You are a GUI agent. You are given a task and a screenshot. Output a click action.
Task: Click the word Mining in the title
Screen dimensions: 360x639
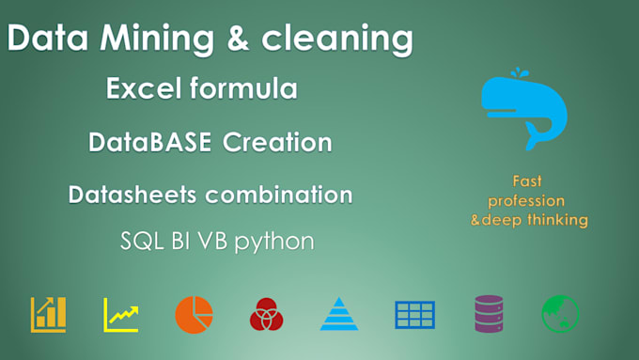click(140, 40)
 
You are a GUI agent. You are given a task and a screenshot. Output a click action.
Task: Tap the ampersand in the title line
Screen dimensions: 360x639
click(229, 40)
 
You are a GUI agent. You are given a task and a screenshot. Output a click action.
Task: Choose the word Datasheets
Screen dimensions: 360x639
click(134, 196)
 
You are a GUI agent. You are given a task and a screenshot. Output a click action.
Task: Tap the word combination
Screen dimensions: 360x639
click(279, 196)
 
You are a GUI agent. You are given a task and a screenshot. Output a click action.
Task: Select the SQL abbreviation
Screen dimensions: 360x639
click(141, 241)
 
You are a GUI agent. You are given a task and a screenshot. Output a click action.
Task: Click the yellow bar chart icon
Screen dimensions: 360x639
click(48, 314)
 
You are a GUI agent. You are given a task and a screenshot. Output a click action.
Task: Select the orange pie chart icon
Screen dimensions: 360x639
click(194, 313)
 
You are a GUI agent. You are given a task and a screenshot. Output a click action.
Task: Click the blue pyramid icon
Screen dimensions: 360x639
click(339, 314)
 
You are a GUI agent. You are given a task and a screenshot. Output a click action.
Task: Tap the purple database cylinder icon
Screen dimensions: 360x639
click(488, 313)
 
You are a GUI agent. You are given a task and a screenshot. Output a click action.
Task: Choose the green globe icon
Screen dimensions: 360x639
click(560, 313)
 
